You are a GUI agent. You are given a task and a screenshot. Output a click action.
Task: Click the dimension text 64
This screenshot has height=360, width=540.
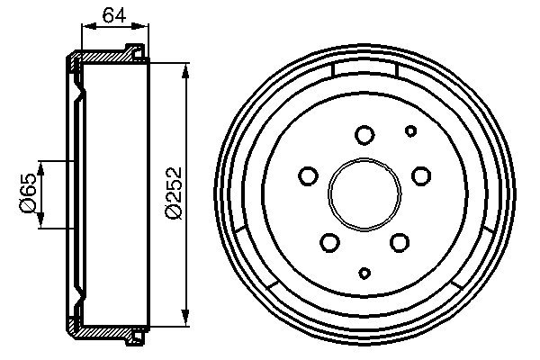pos(112,13)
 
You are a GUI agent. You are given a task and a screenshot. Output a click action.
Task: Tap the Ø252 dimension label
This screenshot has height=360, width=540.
pos(175,192)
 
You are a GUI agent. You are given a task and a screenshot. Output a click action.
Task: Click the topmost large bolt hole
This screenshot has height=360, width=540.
pos(364,135)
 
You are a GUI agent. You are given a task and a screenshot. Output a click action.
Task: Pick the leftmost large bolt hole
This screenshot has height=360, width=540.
pos(309,175)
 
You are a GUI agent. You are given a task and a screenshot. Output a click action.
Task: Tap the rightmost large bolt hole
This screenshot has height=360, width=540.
pos(420,175)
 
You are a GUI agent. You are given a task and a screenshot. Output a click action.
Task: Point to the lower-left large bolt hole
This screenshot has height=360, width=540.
pos(330,241)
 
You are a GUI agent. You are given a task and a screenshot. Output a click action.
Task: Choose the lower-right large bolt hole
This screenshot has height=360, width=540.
pos(399,241)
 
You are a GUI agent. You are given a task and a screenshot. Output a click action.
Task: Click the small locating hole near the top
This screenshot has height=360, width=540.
pos(410,131)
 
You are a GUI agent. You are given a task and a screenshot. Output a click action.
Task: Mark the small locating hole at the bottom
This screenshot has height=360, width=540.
pos(364,272)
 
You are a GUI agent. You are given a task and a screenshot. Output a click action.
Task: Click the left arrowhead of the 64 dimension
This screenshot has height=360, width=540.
pos(85,29)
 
